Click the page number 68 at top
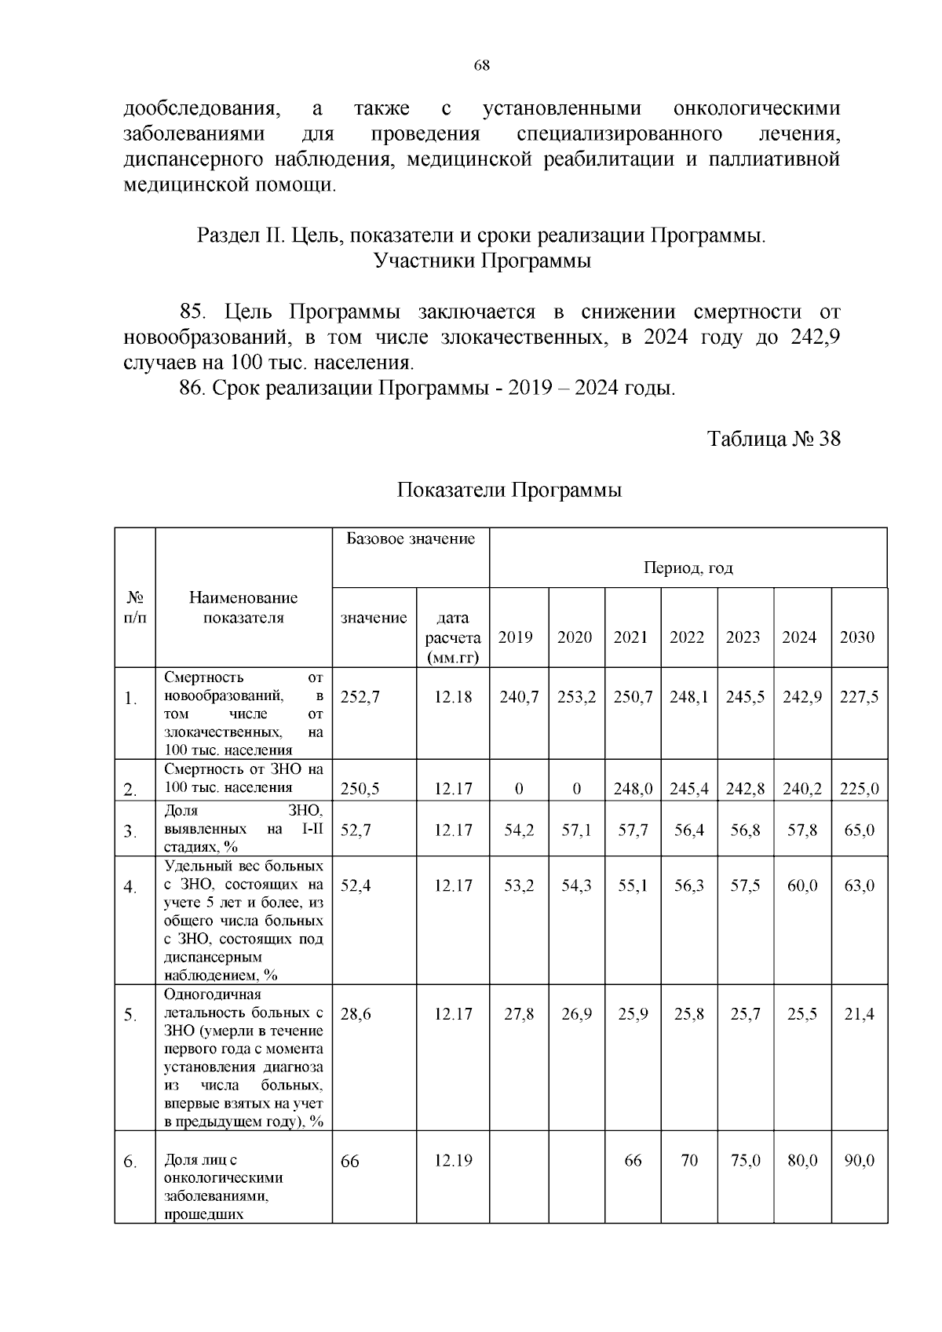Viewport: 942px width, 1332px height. (482, 66)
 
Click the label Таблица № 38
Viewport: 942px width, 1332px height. (773, 439)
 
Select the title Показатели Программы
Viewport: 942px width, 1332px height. (509, 491)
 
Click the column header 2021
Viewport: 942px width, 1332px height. (630, 637)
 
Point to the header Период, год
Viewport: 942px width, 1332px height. (688, 567)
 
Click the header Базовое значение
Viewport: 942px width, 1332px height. (411, 539)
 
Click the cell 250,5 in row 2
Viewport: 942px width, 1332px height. (360, 789)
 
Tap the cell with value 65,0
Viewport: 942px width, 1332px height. (859, 830)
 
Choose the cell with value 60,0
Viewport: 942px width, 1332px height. (801, 885)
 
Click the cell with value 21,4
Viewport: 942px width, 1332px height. (859, 1014)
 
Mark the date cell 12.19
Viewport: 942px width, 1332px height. (453, 1161)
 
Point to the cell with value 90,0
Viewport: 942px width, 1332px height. (859, 1161)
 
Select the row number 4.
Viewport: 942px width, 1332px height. (130, 887)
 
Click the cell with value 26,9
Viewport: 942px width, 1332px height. (576, 1014)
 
